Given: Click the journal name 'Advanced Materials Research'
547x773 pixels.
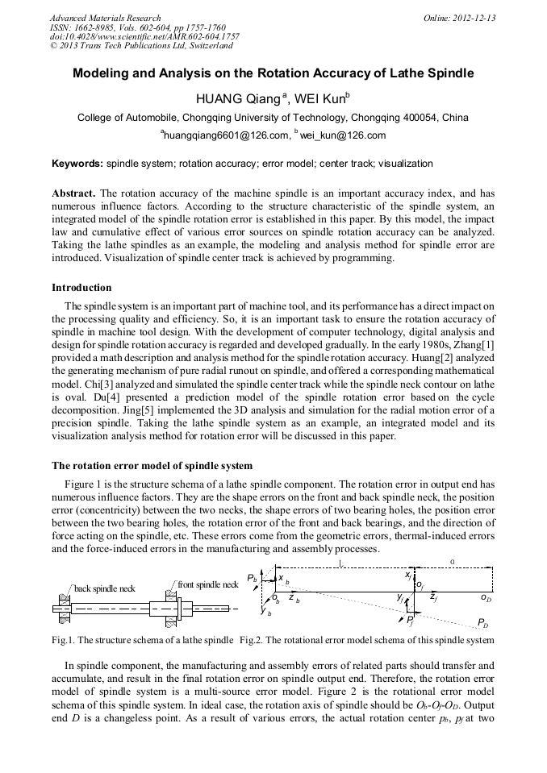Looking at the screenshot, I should (105, 18).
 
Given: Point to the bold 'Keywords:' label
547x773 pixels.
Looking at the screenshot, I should (77, 164).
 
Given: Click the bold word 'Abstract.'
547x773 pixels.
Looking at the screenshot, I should (73, 193).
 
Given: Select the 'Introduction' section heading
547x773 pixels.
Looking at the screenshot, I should (81, 288).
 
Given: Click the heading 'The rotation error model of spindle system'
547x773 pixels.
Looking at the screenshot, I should (152, 466).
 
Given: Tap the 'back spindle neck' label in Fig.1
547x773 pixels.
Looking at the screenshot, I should (105, 588).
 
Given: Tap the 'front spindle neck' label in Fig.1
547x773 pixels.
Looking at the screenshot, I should (207, 584).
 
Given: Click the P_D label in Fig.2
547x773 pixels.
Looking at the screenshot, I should (482, 623).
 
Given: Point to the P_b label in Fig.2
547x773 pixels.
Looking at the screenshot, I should (253, 579).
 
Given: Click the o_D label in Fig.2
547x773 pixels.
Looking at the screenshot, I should (486, 598).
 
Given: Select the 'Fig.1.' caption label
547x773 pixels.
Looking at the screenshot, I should (63, 640).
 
